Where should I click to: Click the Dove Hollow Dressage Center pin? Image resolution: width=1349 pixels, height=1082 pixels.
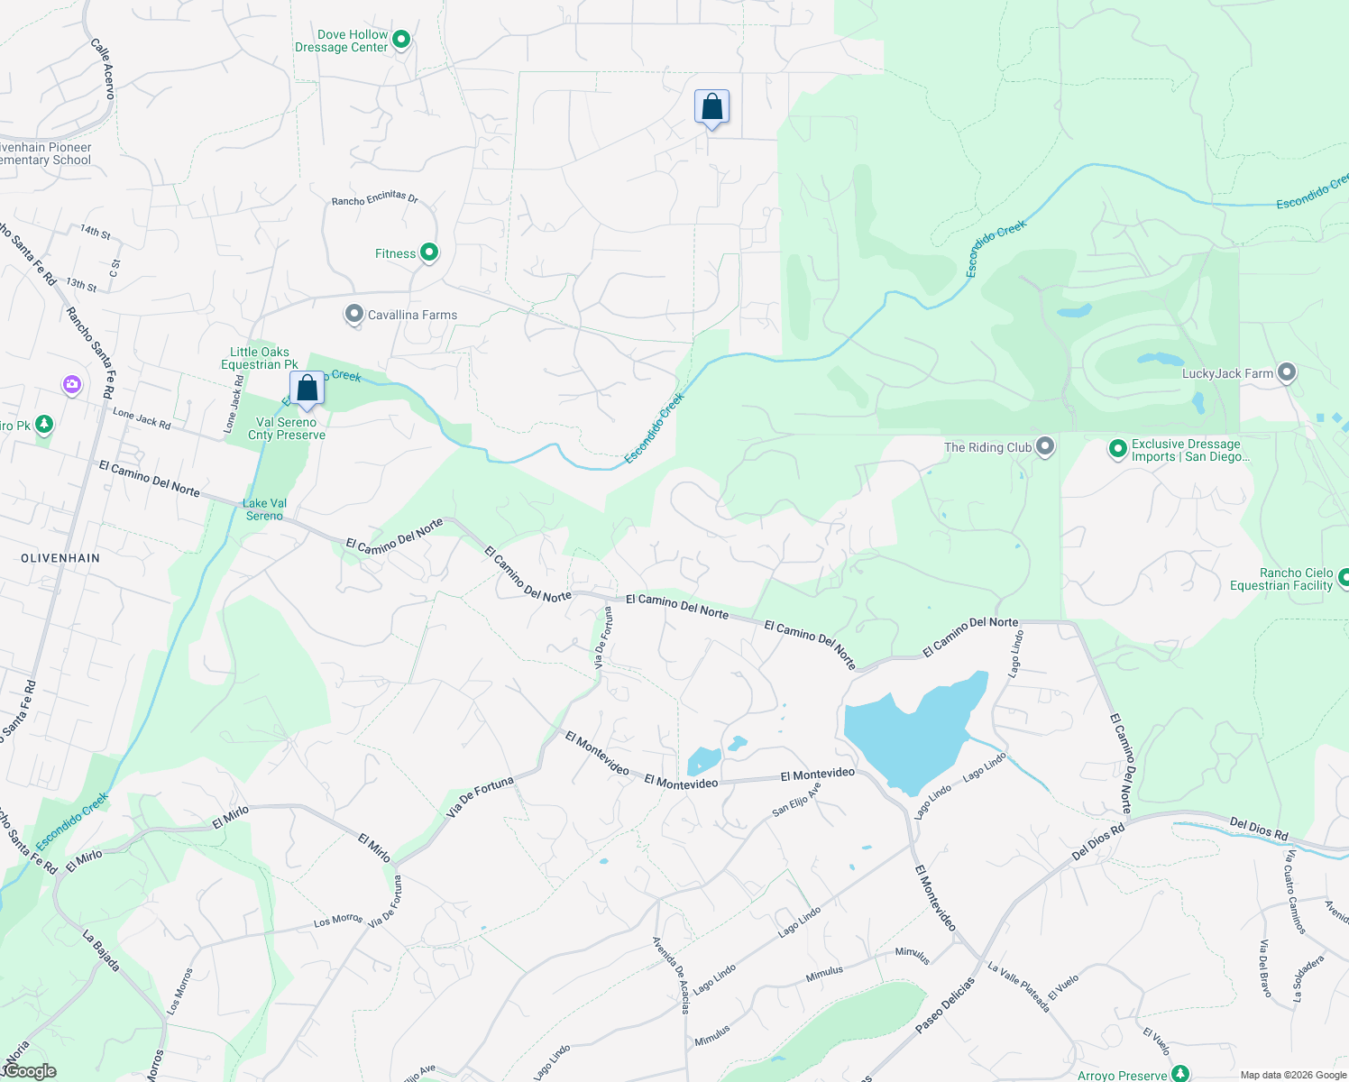pos(402,39)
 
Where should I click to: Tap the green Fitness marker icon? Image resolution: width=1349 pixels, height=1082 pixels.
pos(429,252)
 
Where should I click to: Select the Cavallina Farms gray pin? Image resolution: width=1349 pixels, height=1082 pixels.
pos(353,314)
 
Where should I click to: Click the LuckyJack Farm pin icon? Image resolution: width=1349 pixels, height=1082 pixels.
pos(1287,372)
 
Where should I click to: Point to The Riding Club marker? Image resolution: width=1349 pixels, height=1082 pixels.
pos(1045,446)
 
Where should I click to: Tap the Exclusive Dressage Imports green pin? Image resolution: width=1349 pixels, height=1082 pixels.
pos(1117,448)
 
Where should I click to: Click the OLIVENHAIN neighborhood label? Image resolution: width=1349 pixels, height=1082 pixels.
pos(60,558)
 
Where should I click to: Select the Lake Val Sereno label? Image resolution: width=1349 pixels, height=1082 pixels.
pos(264,509)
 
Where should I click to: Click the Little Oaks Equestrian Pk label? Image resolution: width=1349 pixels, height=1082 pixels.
pos(260,358)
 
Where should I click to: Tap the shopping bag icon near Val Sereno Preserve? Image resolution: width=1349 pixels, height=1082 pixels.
pos(307,389)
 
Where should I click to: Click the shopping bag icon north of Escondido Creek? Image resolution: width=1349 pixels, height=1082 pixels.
pos(711,107)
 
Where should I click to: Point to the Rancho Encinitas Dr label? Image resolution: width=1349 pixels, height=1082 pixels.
pos(375,198)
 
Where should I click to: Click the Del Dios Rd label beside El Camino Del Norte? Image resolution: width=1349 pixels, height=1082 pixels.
pos(1097,841)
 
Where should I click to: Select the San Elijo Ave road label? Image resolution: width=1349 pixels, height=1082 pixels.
pos(796,800)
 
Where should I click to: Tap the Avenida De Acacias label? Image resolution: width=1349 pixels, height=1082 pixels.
pos(671,975)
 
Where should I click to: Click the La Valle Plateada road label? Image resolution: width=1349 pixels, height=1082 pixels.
pos(1019,986)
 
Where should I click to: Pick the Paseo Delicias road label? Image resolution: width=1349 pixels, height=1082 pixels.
pos(945,1004)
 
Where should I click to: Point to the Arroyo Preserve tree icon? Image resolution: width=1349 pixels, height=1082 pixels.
pos(1179,1073)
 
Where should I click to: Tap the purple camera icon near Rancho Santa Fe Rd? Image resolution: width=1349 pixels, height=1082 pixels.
pos(72,385)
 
